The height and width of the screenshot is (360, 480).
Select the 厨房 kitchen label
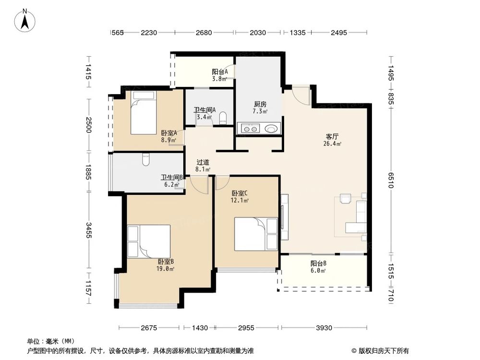pyautogui.click(x=260, y=104)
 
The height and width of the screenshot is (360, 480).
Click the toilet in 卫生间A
pyautogui.click(x=223, y=119)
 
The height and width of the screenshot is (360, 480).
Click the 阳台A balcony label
pyautogui.click(x=220, y=72)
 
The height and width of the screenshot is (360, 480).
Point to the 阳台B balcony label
pyautogui.click(x=318, y=264)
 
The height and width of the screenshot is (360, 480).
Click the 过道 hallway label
pyautogui.click(x=203, y=162)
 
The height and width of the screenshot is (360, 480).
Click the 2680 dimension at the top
pyautogui.click(x=204, y=33)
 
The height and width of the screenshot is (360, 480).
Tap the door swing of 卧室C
pyautogui.click(x=222, y=183)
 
